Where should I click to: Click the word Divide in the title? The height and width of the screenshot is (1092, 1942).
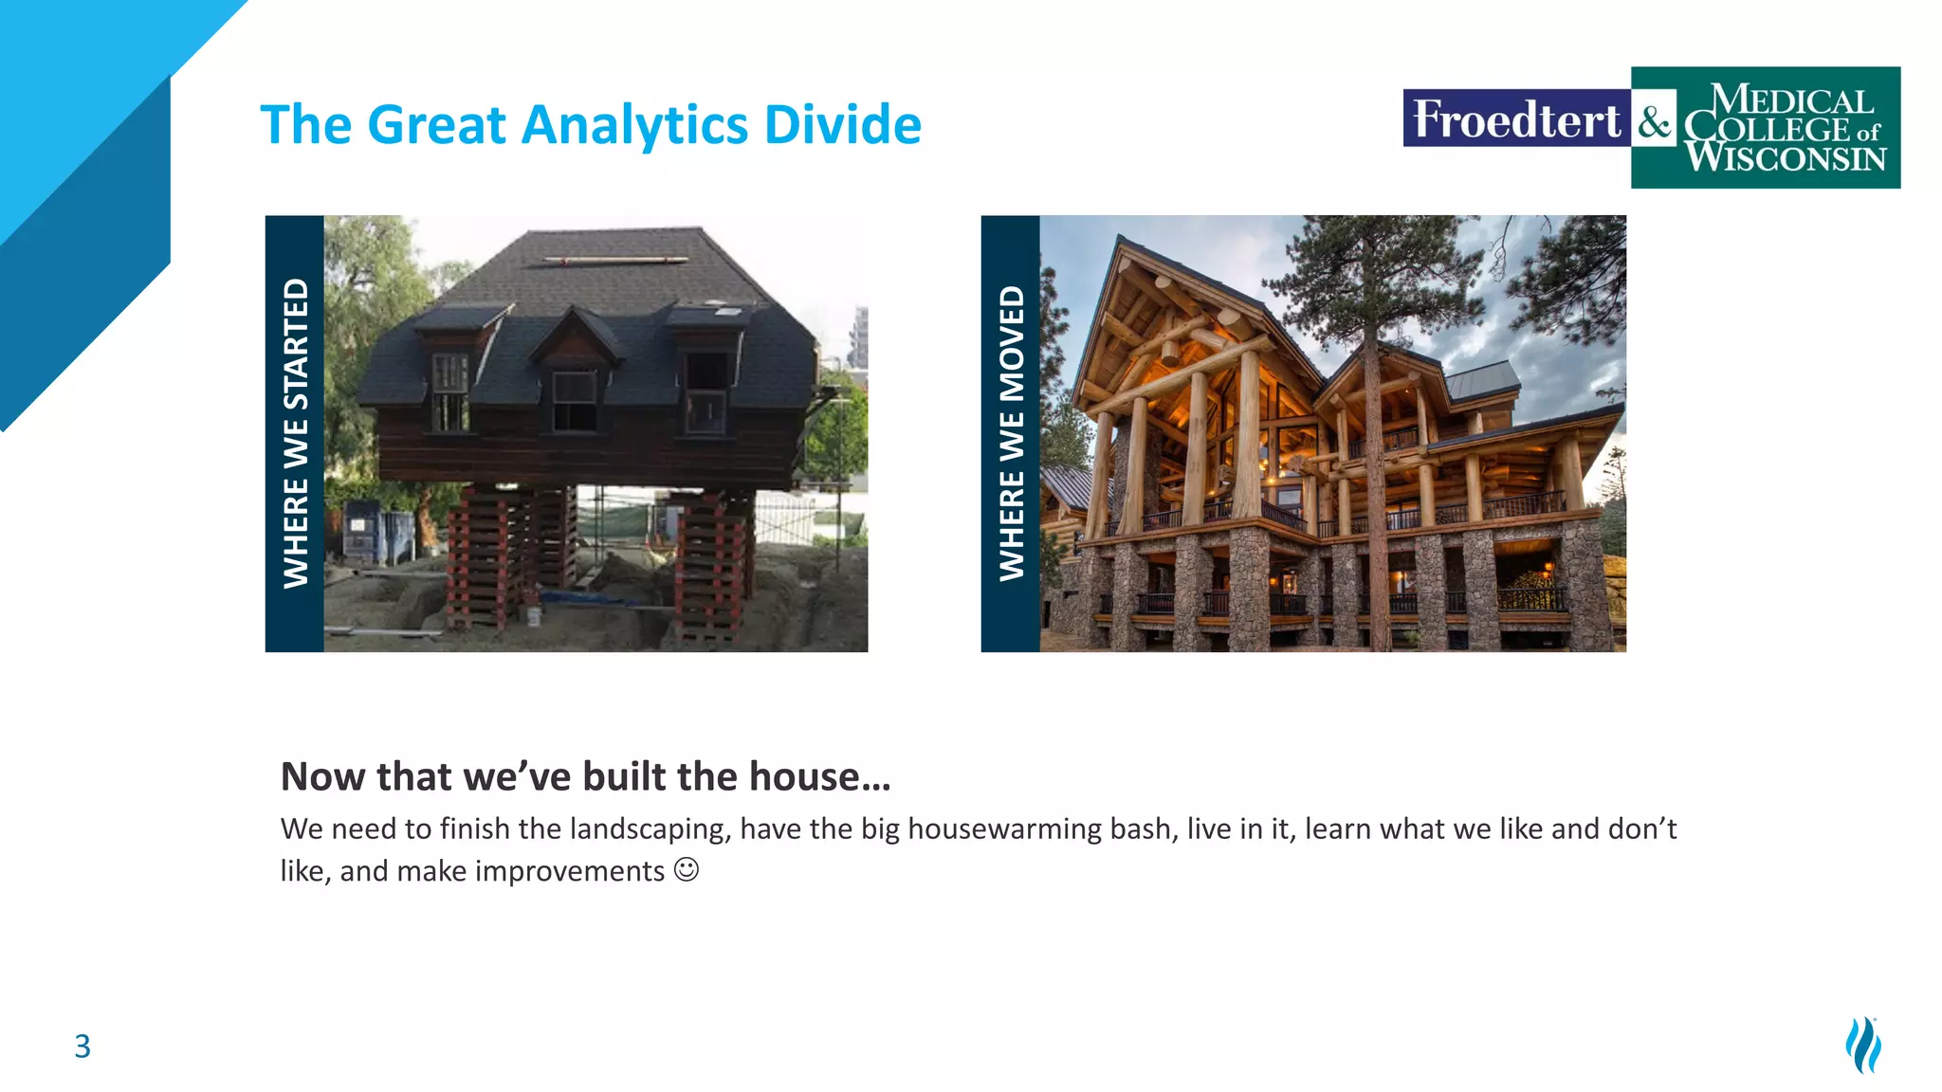842,125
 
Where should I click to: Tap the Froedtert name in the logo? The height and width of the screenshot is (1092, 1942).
1515,119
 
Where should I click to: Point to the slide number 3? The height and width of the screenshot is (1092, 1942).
82,1046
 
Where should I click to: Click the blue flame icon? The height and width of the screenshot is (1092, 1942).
1863,1045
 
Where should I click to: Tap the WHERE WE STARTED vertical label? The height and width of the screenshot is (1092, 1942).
295,433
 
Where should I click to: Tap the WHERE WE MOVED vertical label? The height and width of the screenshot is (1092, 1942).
1011,433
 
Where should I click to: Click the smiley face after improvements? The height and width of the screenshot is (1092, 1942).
687,869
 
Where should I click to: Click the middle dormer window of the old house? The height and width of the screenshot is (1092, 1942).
574,399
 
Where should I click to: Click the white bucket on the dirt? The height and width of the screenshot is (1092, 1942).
534,616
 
